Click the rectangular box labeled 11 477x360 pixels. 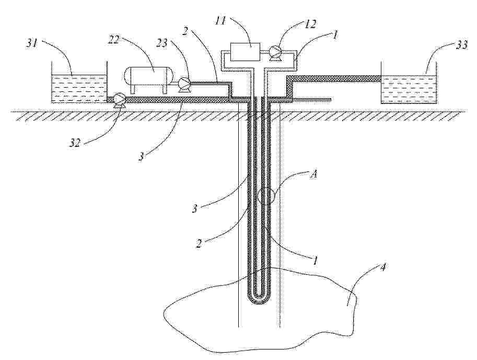[245, 52]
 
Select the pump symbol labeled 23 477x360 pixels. [183, 84]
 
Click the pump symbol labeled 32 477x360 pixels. [119, 99]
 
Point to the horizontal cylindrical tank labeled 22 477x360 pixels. [149, 75]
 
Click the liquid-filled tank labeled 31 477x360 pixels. [79, 88]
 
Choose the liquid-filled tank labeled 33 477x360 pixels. [409, 90]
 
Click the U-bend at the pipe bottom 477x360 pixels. [259, 300]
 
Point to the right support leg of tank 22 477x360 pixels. [164, 88]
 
